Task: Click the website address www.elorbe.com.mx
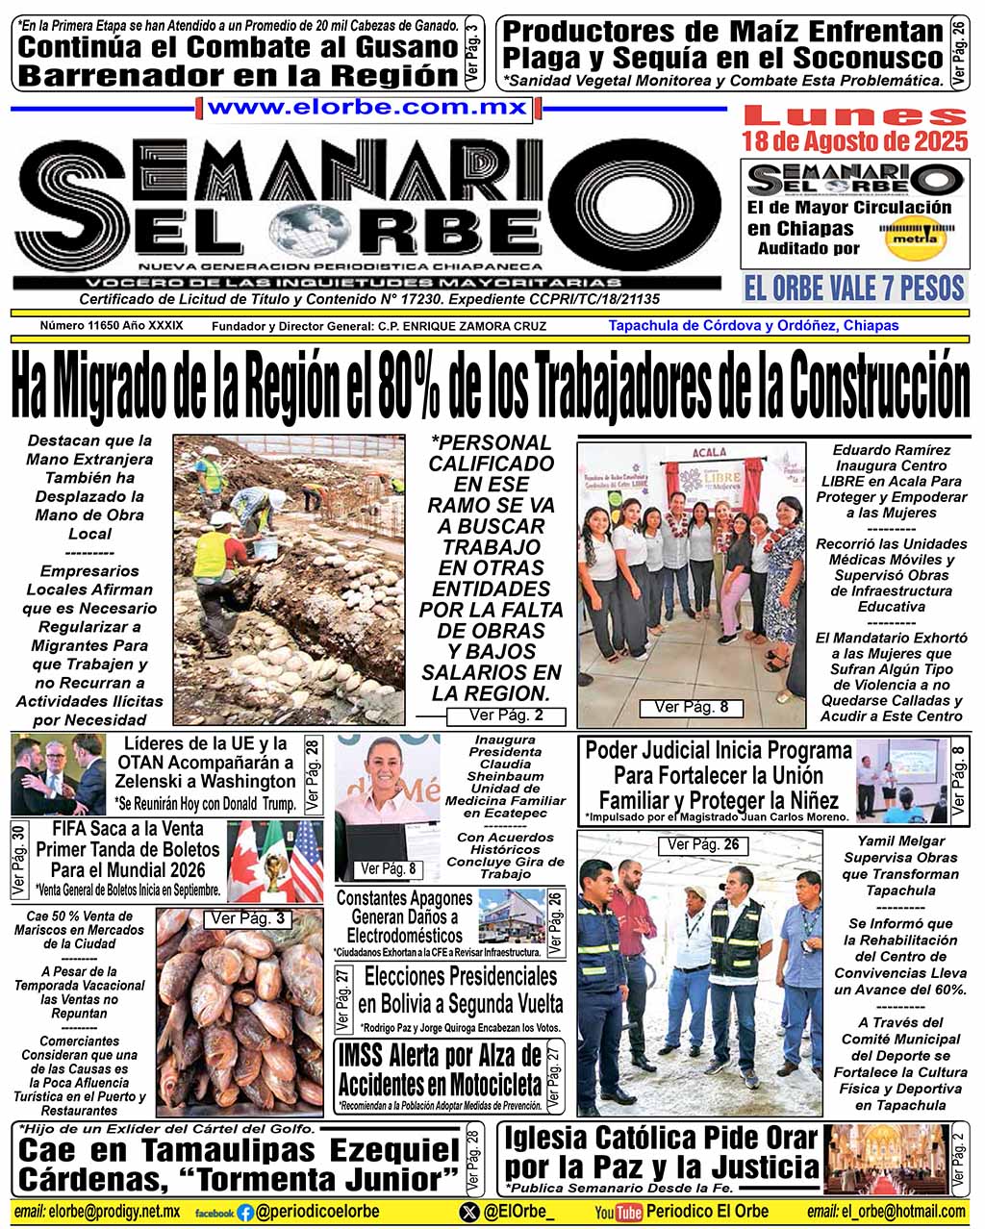pyautogui.click(x=366, y=108)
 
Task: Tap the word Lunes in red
pyautogui.click(x=854, y=115)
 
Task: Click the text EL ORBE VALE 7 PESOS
pyautogui.click(x=853, y=288)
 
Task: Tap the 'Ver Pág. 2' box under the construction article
pyautogui.click(x=506, y=715)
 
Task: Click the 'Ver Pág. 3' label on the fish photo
pyautogui.click(x=247, y=918)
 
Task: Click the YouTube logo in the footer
pyautogui.click(x=618, y=1212)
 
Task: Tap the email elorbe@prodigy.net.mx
pyautogui.click(x=97, y=1212)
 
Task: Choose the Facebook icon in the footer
pyautogui.click(x=245, y=1213)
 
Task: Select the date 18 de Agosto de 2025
pyautogui.click(x=854, y=142)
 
